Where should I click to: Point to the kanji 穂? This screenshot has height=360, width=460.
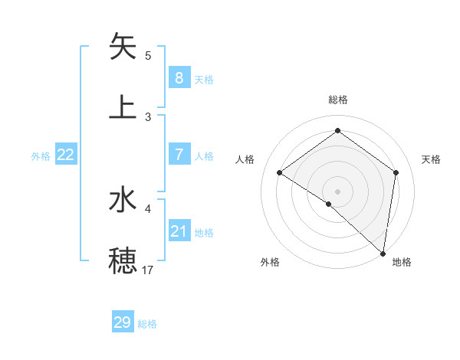click(123, 261)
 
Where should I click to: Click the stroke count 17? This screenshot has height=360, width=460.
click(148, 270)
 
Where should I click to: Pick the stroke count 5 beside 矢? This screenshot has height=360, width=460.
click(148, 55)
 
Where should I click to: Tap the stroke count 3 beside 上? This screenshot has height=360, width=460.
click(148, 116)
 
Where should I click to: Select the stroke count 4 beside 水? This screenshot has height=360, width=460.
click(148, 208)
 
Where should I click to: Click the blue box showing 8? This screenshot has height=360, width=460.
click(179, 77)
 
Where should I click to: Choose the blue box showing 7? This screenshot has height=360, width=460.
click(179, 154)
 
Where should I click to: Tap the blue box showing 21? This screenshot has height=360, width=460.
click(179, 231)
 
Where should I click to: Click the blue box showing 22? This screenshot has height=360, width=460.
click(66, 154)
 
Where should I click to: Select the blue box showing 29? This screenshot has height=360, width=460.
click(123, 322)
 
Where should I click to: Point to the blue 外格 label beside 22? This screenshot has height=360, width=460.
click(41, 156)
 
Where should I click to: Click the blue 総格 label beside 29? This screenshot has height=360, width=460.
click(147, 324)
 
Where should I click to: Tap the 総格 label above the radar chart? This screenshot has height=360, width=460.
click(337, 100)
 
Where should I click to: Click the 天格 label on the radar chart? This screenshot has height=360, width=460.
click(431, 159)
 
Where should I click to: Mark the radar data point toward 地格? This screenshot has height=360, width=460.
click(383, 254)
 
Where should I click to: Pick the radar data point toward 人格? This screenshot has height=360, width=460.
click(280, 172)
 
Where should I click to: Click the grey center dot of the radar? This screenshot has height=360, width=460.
click(337, 191)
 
